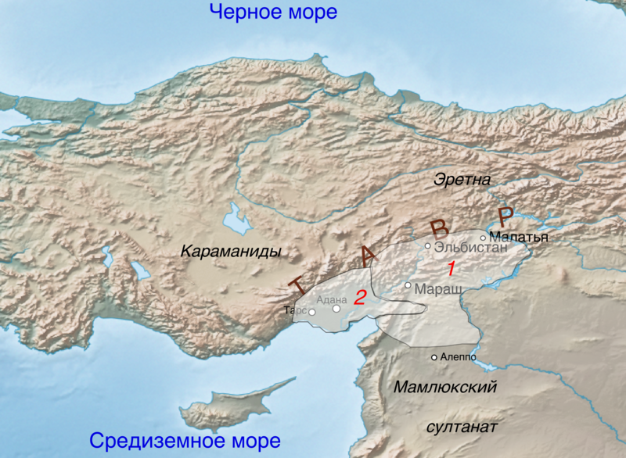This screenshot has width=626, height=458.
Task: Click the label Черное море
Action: click(x=273, y=13)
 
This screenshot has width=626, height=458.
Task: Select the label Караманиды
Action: click(x=230, y=252)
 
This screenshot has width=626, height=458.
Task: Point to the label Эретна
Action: click(x=462, y=180)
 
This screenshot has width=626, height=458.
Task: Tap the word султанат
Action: click(x=461, y=427)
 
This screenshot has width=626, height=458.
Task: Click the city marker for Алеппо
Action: click(x=435, y=358)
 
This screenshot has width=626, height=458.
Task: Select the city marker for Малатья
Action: click(x=483, y=238)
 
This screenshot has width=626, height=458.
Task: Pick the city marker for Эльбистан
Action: click(x=427, y=246)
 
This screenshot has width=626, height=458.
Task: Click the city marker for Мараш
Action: click(x=408, y=285)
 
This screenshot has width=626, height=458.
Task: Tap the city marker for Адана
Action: click(x=336, y=309)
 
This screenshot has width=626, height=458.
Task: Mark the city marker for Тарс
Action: click(x=311, y=313)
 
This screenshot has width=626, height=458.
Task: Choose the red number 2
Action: click(x=359, y=297)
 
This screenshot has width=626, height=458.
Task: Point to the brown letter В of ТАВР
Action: click(x=439, y=228)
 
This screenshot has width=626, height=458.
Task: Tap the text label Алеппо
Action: click(x=459, y=357)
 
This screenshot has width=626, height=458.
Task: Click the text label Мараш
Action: click(x=434, y=288)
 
